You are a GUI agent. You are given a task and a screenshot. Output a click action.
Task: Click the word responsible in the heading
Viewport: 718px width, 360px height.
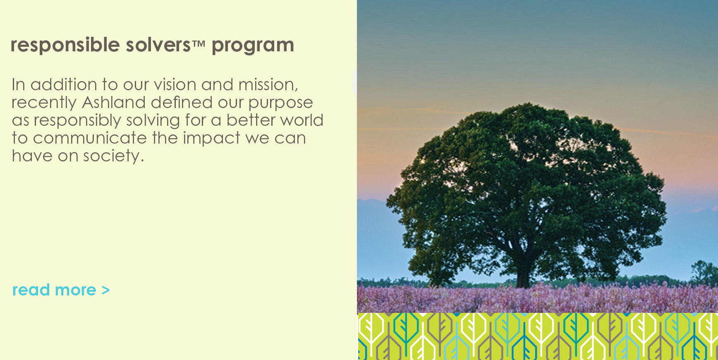pos(65,45)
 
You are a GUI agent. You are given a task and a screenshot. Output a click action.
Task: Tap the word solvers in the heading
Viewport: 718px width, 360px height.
pos(158,45)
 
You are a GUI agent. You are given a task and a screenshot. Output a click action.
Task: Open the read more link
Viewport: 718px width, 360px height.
pos(61,290)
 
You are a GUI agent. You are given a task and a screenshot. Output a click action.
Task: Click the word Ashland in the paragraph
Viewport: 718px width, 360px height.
pos(114,102)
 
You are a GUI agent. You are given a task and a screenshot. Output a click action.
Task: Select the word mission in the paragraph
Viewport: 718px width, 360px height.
pos(268,85)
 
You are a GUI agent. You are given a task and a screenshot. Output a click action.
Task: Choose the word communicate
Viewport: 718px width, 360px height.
pos(90,138)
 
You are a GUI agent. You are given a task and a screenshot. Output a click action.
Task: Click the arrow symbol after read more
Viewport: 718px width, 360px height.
pos(105,290)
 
